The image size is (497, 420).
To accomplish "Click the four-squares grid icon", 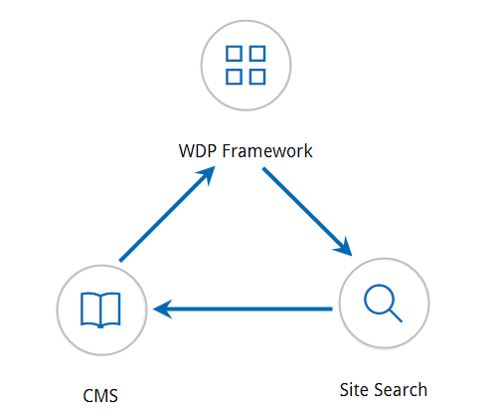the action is coord(246,65).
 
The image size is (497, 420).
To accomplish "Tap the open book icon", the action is coord(100,311).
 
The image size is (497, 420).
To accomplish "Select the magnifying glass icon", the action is coord(383,303).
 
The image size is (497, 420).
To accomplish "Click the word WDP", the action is coord(198,151).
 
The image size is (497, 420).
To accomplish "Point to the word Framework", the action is coord(267,151).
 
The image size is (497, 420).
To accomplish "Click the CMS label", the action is coord(100,396).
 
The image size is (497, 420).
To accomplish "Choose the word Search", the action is coord(401,390).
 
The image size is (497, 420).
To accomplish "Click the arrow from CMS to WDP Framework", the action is coord(167,214).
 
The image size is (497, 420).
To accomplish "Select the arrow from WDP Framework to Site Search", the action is coord(307,212).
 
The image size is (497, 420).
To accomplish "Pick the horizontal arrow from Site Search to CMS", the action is coord(243,310).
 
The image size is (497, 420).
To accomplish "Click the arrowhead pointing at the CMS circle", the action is coord(162,310).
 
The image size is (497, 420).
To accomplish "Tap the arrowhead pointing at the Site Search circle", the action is coord(344,247).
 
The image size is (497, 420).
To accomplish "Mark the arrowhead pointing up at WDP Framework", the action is coord(207,175).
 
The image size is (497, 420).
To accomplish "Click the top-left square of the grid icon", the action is coord(234,54).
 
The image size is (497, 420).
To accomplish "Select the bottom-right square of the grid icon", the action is coord(257,77).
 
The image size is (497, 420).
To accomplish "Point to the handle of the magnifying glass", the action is coord(395,315).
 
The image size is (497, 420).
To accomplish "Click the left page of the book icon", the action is coord(90,309).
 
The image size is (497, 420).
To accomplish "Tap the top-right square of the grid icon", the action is coord(257,54).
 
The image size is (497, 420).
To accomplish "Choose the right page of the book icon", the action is coord(111,309).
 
